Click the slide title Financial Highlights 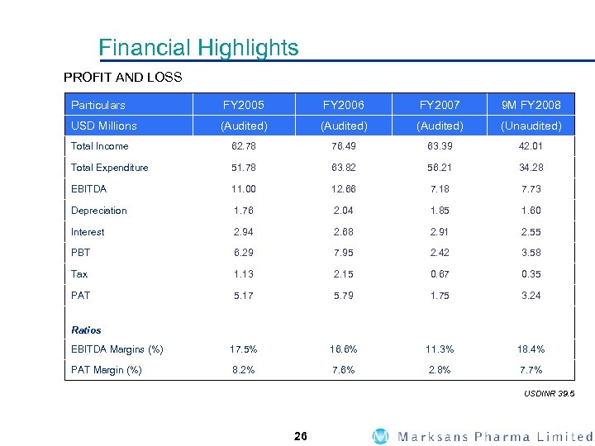198,48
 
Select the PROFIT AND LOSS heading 123,78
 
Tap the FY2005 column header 244,105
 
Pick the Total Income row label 100,146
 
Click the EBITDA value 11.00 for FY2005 244,189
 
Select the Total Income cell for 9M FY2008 531,146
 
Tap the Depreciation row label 99,211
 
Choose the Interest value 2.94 244,232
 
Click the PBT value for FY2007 440,253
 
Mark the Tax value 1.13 244,274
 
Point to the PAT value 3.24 531,295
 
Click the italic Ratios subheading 86,330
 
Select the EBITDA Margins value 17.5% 244,349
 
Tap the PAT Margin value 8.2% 244,370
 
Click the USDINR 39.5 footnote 548,394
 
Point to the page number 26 300,436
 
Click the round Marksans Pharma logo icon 380,436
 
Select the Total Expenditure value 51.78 244,168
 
